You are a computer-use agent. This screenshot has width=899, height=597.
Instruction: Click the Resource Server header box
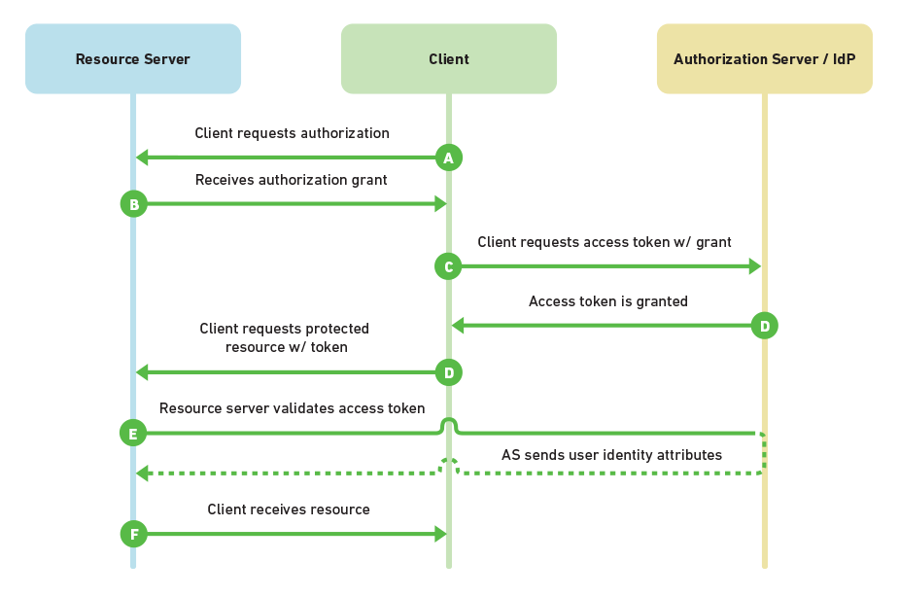(133, 59)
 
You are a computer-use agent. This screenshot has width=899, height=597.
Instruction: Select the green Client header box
(448, 59)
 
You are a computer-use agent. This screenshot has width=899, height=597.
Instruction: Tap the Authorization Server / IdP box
(764, 59)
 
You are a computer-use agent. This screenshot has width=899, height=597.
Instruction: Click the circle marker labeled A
(448, 158)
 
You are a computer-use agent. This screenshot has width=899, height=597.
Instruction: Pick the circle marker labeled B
(133, 204)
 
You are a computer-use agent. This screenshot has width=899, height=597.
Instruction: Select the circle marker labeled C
(448, 266)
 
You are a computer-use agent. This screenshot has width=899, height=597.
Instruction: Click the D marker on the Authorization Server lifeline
(764, 326)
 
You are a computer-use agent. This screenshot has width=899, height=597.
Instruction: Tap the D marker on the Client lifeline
(448, 372)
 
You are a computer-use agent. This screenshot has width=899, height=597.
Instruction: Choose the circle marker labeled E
(133, 433)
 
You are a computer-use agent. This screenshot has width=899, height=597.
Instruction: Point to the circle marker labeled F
(133, 534)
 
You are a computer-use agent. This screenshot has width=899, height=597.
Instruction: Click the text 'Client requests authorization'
(292, 133)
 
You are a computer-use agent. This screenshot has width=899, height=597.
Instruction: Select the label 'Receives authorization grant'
(291, 180)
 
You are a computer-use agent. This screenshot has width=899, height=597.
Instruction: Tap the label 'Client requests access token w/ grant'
(605, 242)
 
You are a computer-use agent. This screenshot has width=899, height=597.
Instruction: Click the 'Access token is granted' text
(608, 301)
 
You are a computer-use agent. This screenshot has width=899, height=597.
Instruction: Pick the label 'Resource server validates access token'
(292, 408)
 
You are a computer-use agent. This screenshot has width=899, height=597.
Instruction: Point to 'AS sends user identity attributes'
(611, 454)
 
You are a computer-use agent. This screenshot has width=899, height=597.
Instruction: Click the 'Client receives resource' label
(289, 509)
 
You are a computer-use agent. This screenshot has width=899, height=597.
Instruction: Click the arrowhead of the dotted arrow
(142, 474)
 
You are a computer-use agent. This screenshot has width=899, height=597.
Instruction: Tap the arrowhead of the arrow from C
(755, 266)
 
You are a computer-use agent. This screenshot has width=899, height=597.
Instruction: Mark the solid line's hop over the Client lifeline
(448, 423)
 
